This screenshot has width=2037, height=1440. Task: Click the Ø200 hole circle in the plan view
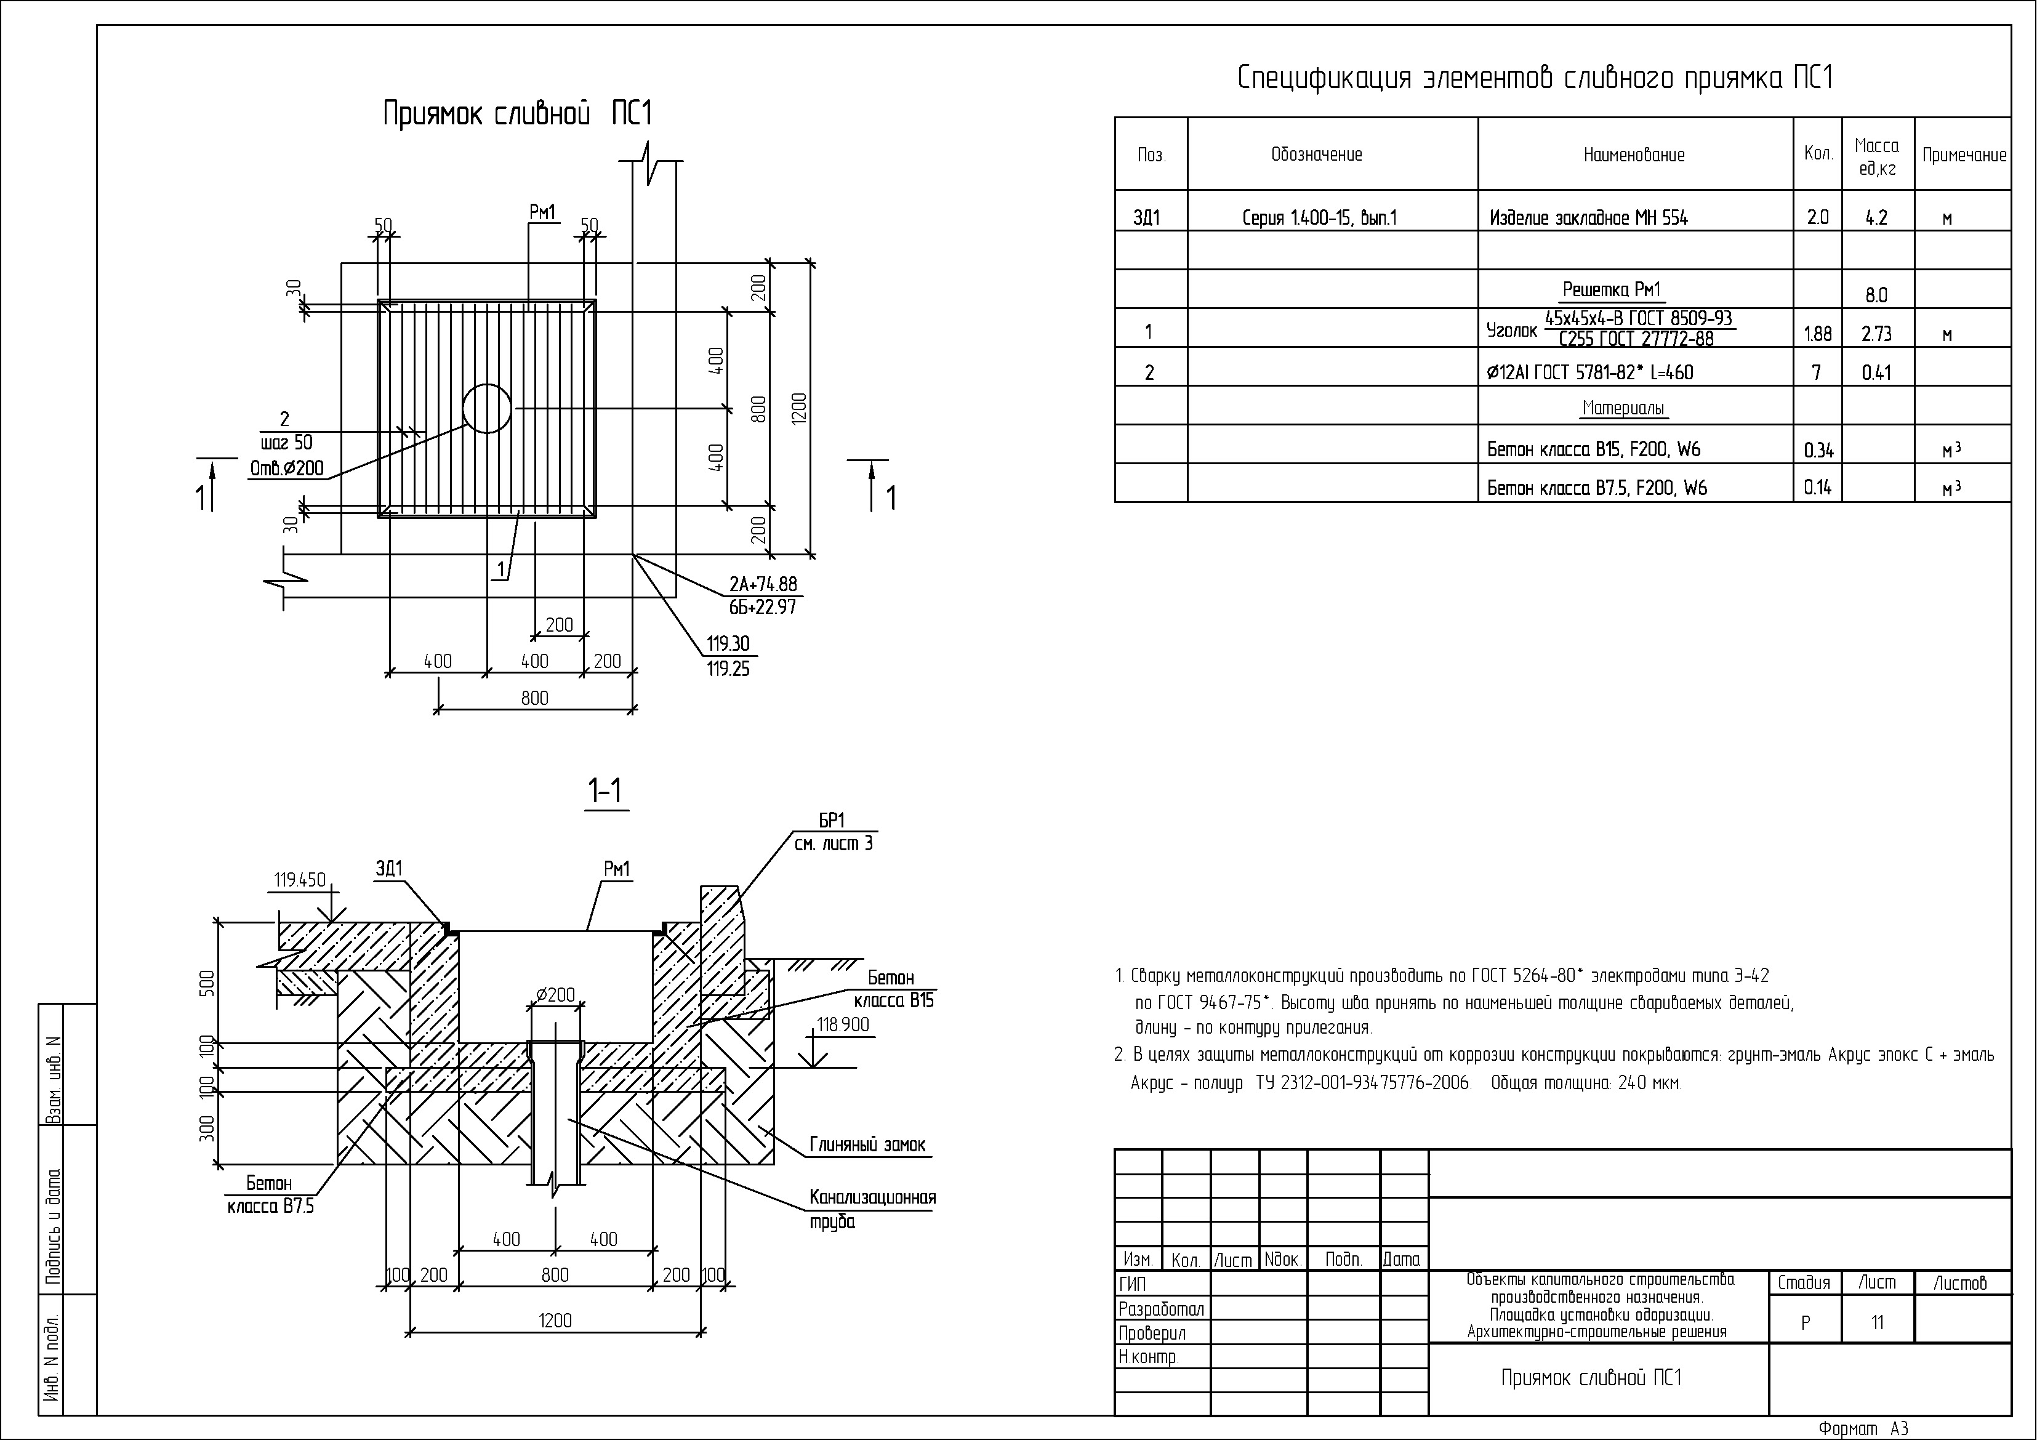[487, 408]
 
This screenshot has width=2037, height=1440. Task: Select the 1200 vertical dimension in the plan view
[800, 408]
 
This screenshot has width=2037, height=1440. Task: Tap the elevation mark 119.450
[300, 880]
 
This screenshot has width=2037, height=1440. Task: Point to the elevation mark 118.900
[843, 1025]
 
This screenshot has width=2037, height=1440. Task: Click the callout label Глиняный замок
[867, 1144]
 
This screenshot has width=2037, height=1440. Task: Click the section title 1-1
[605, 790]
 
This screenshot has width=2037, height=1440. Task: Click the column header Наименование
[1634, 155]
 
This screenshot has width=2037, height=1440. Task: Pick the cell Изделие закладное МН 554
[1588, 217]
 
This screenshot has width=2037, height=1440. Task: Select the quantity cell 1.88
[1818, 334]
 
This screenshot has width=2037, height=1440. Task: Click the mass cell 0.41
[1876, 372]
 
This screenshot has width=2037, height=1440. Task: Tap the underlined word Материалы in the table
[1623, 408]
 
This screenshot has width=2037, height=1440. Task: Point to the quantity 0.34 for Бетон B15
[1818, 450]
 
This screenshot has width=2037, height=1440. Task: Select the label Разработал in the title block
[1162, 1309]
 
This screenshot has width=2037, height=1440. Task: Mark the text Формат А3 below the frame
[1863, 1428]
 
